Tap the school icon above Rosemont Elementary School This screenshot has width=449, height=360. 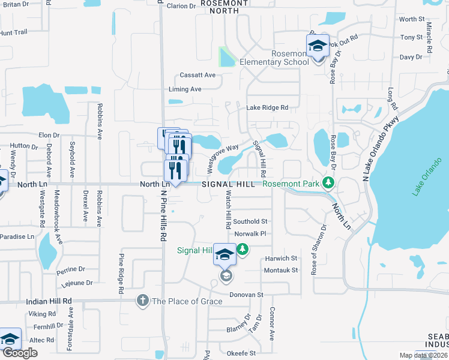[318, 45]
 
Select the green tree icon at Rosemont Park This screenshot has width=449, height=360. [328, 182]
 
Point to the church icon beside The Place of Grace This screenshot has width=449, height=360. [142, 301]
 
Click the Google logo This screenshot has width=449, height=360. [20, 353]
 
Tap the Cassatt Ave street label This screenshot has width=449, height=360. [197, 75]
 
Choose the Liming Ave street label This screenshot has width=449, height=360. [185, 89]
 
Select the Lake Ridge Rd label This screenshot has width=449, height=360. [268, 107]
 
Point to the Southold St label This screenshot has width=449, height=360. [250, 221]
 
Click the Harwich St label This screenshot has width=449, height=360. [281, 259]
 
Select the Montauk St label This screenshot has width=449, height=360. [281, 270]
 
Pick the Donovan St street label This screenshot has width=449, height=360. [248, 295]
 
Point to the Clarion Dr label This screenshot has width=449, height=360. [181, 6]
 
